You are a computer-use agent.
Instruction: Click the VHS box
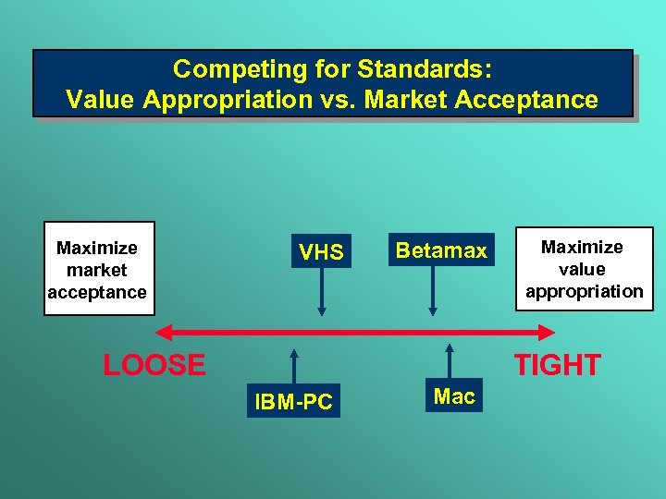[321, 251]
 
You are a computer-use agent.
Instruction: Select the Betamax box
[441, 250]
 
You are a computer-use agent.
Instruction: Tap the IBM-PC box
[293, 401]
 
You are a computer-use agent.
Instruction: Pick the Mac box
[454, 396]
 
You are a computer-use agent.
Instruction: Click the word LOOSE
[154, 365]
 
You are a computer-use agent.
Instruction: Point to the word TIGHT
[557, 365]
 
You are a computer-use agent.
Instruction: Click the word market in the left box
[97, 270]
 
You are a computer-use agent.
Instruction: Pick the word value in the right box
[583, 269]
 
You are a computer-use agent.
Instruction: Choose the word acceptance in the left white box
[97, 292]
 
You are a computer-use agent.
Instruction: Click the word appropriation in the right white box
[584, 291]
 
